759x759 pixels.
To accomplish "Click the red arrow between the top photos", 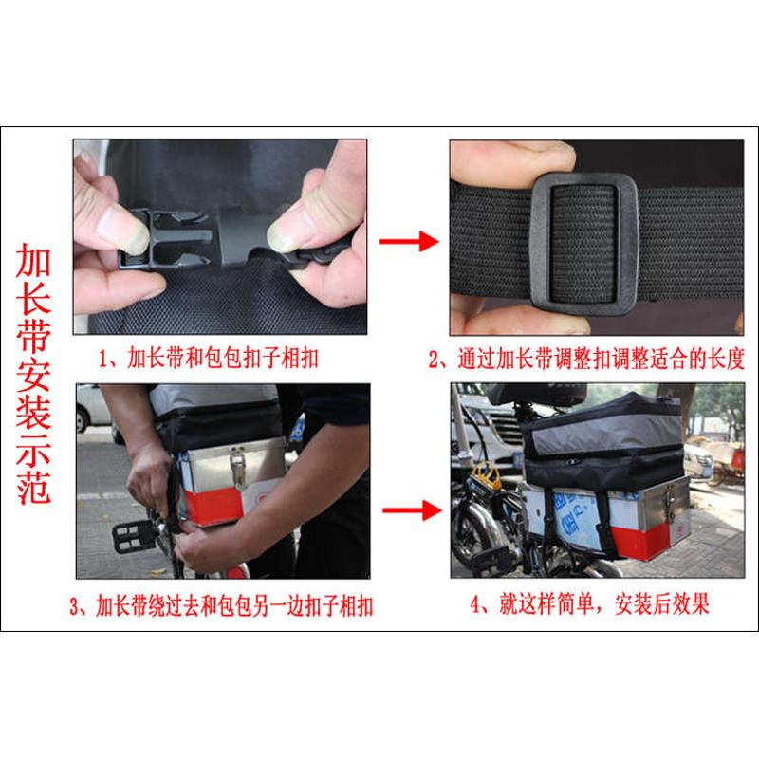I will point(408,242).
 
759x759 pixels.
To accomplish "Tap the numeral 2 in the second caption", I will point(435,360).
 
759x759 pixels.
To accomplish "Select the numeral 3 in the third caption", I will point(83,606).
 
